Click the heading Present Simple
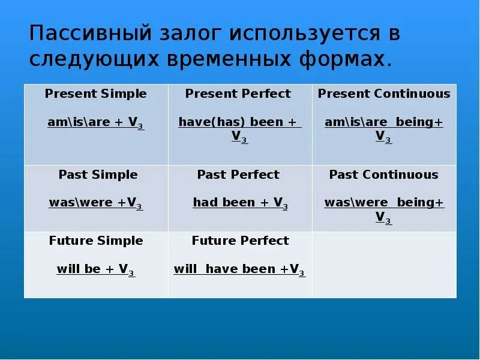(95, 94)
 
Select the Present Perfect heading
(238, 94)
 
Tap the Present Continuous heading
(384, 94)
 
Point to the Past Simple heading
(98, 175)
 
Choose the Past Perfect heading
(238, 175)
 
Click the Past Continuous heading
(384, 175)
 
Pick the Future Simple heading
(96, 241)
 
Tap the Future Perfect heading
(241, 241)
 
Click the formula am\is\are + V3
(96, 123)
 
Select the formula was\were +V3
(96, 203)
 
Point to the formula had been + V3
(241, 203)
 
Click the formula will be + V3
(96, 269)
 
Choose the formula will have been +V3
(239, 269)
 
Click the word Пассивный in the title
(91, 33)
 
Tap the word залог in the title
(190, 34)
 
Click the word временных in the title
(229, 59)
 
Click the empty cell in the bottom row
(385, 265)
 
